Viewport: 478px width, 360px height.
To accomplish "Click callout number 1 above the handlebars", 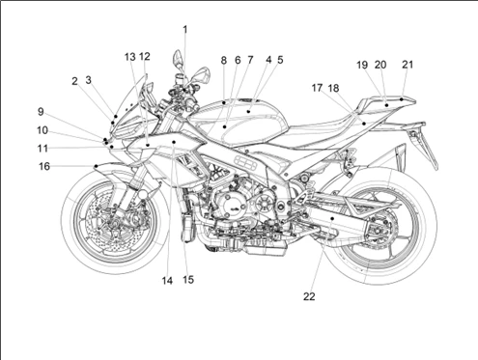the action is coord(184,30).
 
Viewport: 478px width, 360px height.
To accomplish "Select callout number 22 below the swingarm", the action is coord(309,296).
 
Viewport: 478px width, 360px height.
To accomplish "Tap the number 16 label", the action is coord(44,166).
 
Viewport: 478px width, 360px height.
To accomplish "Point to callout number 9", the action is coord(41,112).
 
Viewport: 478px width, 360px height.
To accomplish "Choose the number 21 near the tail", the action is coord(408,65).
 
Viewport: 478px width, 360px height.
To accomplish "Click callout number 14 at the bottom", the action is coord(167,281).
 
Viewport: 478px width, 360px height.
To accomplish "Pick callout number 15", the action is coord(188,280).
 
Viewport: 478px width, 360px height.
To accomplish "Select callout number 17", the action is coord(317,88).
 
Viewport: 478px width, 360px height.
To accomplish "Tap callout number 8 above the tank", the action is coord(224,60).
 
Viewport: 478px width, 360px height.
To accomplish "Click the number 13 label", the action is coord(130,57).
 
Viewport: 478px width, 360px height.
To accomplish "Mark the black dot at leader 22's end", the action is coord(332,218).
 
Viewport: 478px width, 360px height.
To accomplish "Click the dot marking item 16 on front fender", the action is coord(96,166).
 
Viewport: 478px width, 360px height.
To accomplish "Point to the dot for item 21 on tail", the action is coord(402,99).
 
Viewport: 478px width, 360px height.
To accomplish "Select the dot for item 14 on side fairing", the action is coord(174,142).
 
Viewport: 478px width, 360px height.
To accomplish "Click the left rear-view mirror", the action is coord(179,58).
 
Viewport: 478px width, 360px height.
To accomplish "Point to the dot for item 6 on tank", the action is coord(225,126).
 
